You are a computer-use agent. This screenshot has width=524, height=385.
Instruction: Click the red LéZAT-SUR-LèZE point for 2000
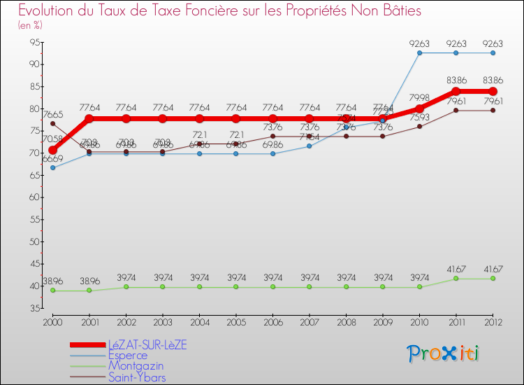(52, 150)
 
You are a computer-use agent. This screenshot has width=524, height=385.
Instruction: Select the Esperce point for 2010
(419, 53)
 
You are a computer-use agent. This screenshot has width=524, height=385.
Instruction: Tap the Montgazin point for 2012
(493, 279)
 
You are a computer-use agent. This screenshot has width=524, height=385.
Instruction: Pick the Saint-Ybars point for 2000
(52, 123)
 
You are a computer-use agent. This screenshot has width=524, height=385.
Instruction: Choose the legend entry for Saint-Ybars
(137, 377)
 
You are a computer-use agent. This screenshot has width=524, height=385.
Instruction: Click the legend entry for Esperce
(127, 356)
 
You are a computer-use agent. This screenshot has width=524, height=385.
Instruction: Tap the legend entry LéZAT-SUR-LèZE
(147, 345)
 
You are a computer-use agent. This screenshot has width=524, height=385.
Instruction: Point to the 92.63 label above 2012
(493, 44)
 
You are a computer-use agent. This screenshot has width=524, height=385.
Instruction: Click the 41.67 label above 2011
(456, 269)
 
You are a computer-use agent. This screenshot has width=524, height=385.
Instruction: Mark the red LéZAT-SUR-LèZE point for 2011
(456, 92)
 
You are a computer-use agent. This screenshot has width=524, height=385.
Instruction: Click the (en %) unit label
(30, 25)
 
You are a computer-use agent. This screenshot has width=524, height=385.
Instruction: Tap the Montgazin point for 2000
(52, 290)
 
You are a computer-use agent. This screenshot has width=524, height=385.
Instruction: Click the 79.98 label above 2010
(419, 98)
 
